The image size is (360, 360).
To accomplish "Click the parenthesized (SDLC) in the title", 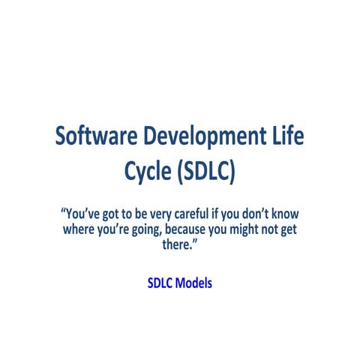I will tap(207, 172).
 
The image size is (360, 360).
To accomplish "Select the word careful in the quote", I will tap(190, 212).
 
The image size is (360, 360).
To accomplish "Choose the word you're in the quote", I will tap(116, 229).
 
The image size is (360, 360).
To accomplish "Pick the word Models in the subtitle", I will tap(194, 284).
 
